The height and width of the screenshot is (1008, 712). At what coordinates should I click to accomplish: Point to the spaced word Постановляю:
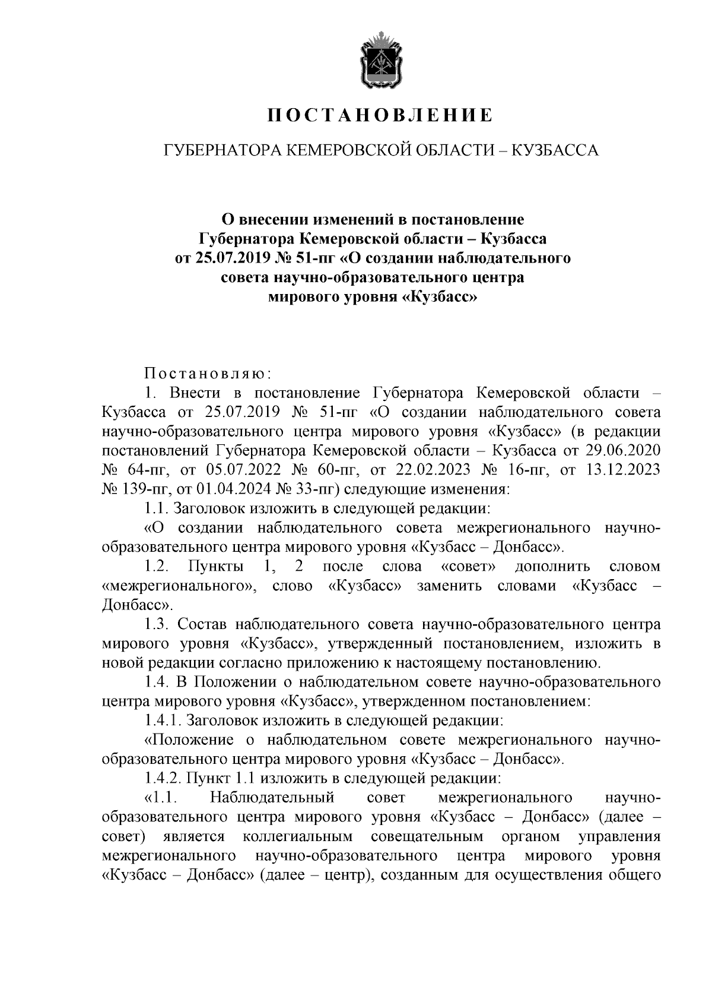(x=208, y=374)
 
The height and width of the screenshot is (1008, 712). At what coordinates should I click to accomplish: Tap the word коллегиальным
(x=298, y=836)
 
